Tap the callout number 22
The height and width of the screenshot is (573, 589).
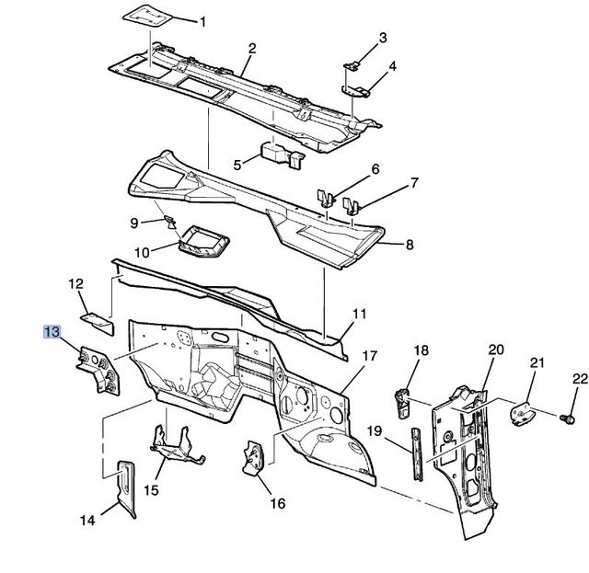(x=578, y=379)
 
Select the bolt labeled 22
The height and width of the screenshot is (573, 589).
(x=567, y=418)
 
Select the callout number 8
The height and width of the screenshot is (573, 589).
(x=409, y=245)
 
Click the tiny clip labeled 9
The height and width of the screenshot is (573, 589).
(x=169, y=220)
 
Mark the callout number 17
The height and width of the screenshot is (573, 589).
(x=368, y=355)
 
